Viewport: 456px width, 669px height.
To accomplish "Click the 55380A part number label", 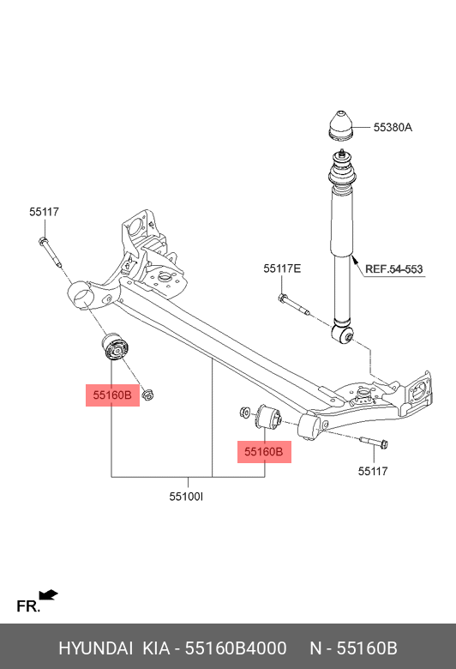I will tap(393, 128).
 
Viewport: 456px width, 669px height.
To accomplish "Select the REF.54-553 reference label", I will tap(394, 269).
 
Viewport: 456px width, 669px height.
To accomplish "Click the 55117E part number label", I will tap(282, 268).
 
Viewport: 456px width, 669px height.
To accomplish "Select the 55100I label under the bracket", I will tap(186, 496).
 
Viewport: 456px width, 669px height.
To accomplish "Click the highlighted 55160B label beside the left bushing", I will tap(112, 395).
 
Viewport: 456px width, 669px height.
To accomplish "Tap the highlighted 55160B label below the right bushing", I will tap(263, 451).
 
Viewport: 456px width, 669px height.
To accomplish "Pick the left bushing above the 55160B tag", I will tap(114, 348).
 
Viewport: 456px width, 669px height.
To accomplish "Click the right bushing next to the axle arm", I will tap(269, 417).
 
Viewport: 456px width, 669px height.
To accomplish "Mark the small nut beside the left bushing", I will tap(149, 396).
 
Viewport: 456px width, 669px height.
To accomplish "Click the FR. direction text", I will tap(28, 606).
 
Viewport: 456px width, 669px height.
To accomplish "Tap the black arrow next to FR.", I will tap(48, 594).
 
